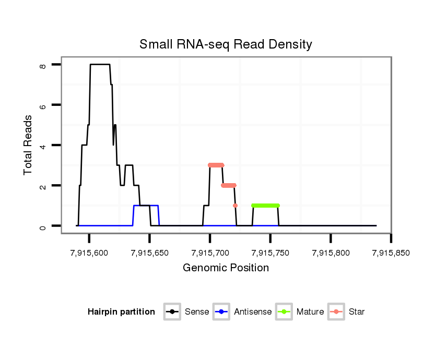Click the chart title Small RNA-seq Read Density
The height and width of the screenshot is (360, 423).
click(226, 44)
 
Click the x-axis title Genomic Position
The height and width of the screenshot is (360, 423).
click(226, 268)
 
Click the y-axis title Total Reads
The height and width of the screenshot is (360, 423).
click(28, 145)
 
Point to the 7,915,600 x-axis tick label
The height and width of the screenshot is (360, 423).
click(89, 253)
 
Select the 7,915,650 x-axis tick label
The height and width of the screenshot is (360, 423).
click(149, 253)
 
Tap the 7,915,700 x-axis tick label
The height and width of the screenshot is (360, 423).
click(210, 253)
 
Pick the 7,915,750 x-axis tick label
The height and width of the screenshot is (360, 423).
click(270, 253)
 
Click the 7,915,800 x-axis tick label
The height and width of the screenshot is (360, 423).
click(331, 253)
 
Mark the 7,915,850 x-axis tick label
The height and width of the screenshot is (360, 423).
click(391, 253)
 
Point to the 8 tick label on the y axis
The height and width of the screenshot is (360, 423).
click(43, 65)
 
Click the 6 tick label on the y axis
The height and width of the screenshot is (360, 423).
click(43, 105)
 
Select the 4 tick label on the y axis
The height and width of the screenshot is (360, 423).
click(43, 145)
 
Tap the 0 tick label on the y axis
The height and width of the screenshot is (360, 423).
click(43, 226)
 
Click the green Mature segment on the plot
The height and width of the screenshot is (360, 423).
click(265, 206)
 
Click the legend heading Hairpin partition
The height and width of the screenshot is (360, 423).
click(121, 312)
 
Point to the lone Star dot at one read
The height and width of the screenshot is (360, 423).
click(235, 206)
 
